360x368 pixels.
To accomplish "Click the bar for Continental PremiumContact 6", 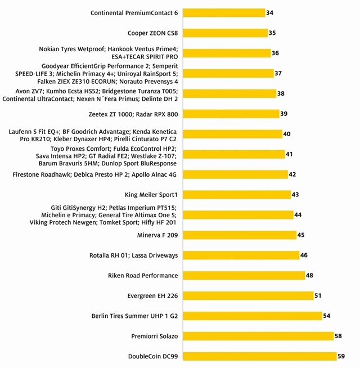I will tap(225, 13).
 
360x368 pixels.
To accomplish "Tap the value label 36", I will tap(275, 53).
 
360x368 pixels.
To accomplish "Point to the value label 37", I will tap(278, 74).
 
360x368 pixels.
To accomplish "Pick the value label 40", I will tap(287, 134).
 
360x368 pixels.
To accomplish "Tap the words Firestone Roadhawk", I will tap(42, 174).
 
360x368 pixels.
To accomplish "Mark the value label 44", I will tap(298, 215).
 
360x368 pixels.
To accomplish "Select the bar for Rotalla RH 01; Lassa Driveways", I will tap(242, 255).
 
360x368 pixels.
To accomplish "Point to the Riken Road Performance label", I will tap(143, 276).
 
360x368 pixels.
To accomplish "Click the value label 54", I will tap(327, 316).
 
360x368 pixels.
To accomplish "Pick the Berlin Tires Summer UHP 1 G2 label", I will tap(134, 316).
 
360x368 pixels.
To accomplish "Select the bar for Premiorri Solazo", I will tap(259, 336).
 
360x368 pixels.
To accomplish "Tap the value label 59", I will tap(341, 356).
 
